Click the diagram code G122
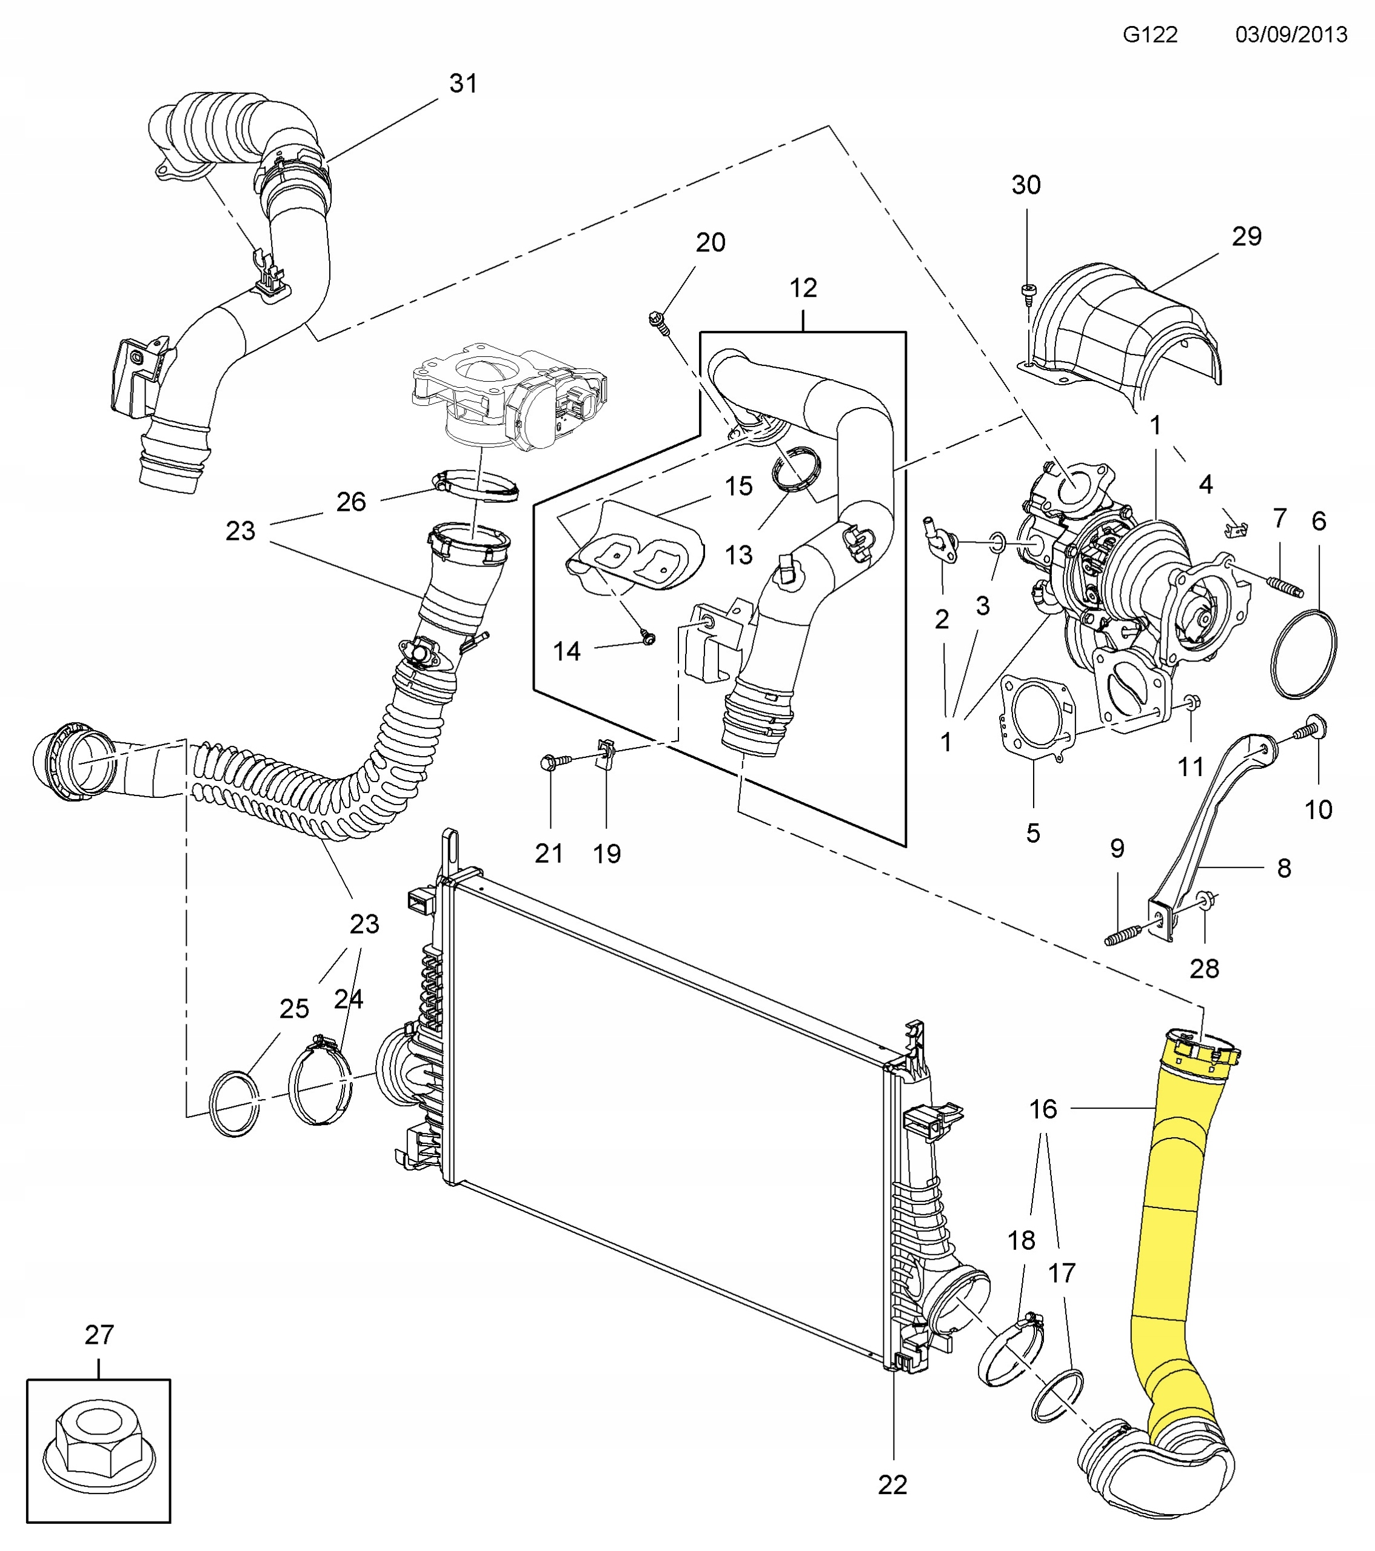pos(1149,35)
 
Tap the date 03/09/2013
pos(1291,35)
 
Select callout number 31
pos(463,84)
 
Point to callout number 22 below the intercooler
pos(892,1485)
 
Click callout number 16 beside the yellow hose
pos(1042,1109)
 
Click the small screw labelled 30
pos(1028,291)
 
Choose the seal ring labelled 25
pos(235,1103)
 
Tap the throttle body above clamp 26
pos(509,394)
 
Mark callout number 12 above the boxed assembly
pos(803,288)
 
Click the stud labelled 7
pos(1285,587)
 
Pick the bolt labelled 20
pos(658,322)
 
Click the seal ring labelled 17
pos(1057,1397)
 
